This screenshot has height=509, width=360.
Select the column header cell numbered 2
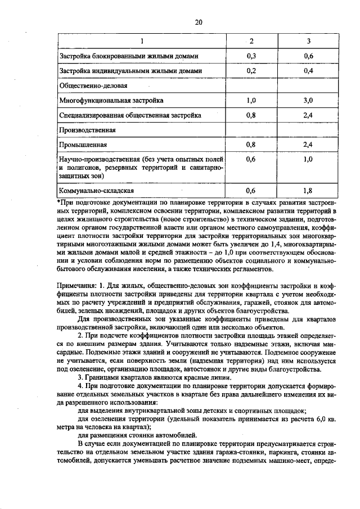(251, 42)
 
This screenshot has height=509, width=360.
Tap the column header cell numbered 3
(308, 42)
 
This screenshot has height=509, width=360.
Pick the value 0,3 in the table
(251, 56)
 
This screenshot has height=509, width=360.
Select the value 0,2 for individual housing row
(251, 71)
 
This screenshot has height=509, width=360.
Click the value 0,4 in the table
(308, 71)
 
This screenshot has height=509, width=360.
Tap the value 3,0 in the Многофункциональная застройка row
(308, 101)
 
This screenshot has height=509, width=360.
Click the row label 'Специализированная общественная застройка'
(130, 115)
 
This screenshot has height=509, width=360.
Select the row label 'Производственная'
(87, 130)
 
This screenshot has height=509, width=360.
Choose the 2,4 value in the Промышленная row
(308, 145)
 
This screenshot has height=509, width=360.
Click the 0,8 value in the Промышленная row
(251, 145)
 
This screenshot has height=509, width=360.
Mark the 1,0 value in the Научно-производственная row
(308, 160)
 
